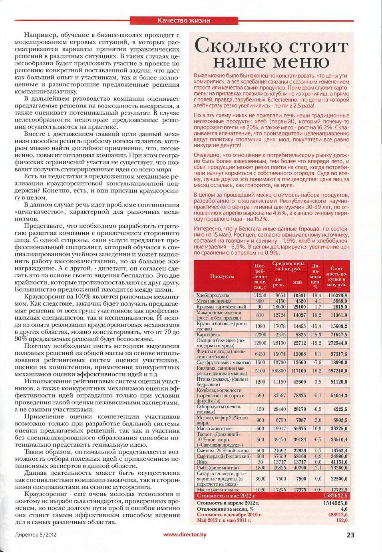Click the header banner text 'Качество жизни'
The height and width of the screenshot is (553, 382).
[184, 20]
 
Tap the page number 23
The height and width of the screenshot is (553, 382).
[350, 535]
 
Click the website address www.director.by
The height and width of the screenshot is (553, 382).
[185, 535]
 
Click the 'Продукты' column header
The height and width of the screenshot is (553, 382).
[222, 276]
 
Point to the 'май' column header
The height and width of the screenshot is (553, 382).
[297, 282]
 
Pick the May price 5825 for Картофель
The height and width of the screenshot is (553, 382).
[300, 334]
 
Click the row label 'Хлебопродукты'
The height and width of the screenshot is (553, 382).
[213, 295]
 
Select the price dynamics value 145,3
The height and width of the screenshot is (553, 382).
[316, 334]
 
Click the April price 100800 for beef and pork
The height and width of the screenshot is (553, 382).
[279, 370]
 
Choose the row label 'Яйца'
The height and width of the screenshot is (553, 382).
[202, 462]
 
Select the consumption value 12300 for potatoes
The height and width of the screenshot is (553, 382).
[260, 334]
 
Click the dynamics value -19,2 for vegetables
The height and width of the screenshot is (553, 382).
[316, 343]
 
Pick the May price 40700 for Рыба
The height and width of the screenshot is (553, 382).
[300, 467]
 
